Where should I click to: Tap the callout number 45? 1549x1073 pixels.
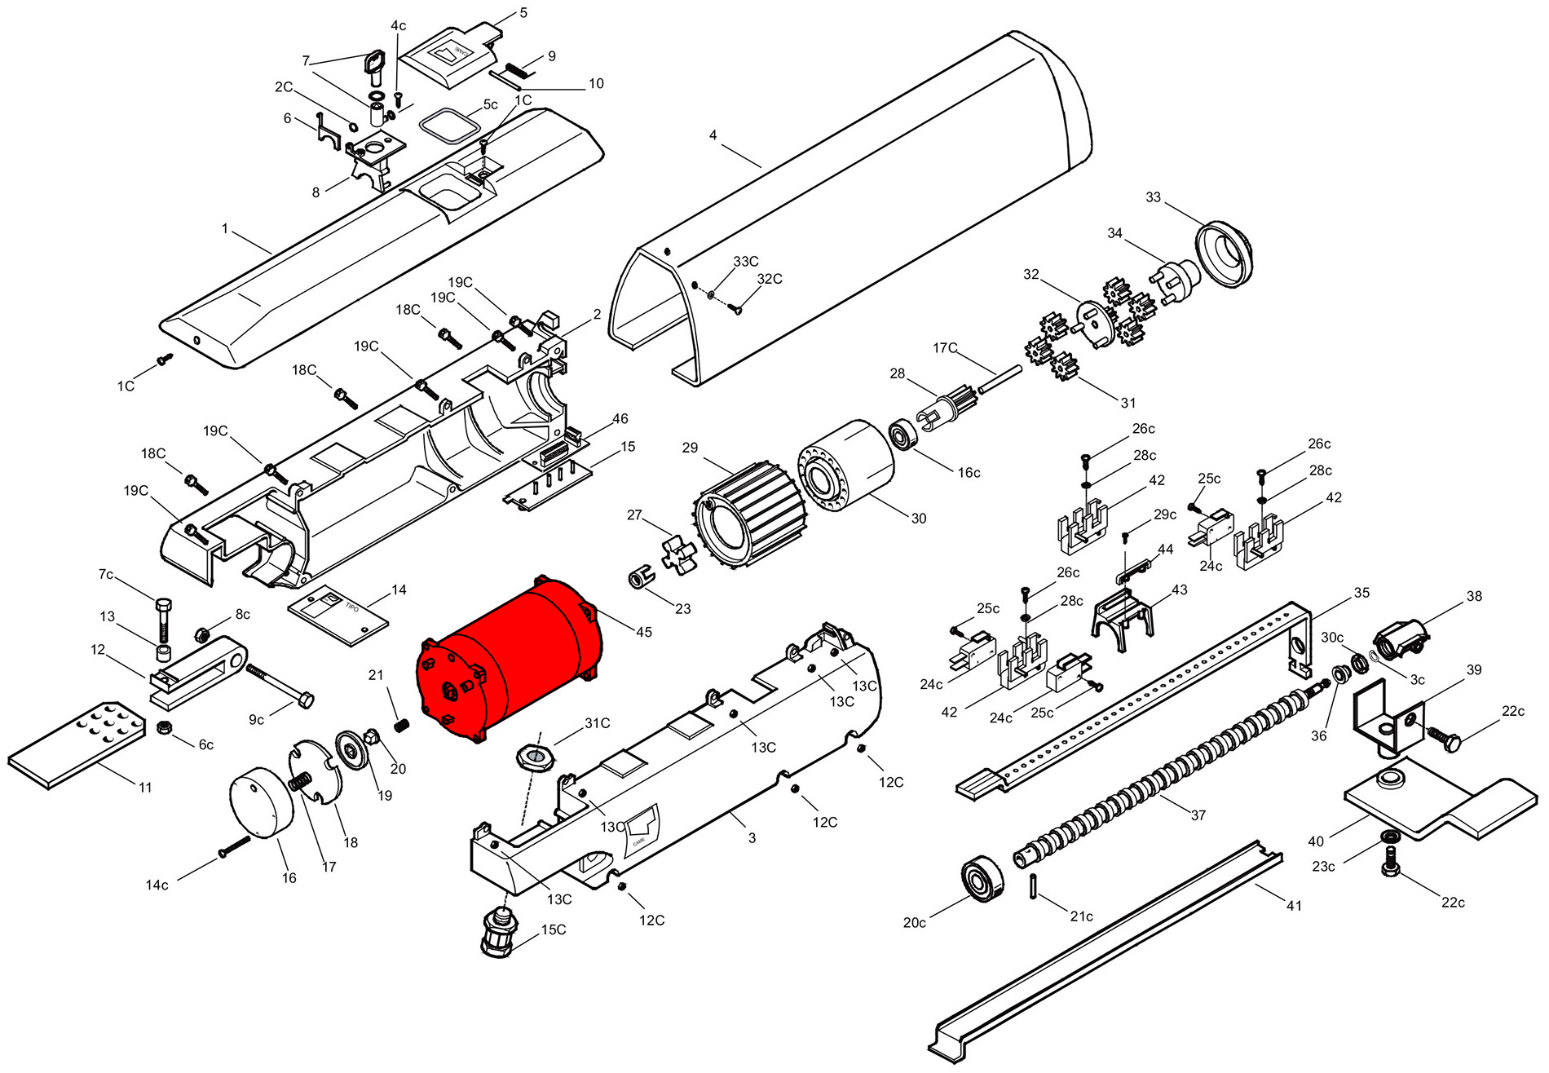point(644,632)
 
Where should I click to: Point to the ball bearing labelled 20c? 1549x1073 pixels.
point(982,879)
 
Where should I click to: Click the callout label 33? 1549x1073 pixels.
point(1153,197)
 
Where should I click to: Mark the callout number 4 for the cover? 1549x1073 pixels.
point(713,135)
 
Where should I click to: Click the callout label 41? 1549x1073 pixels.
point(1294,905)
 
